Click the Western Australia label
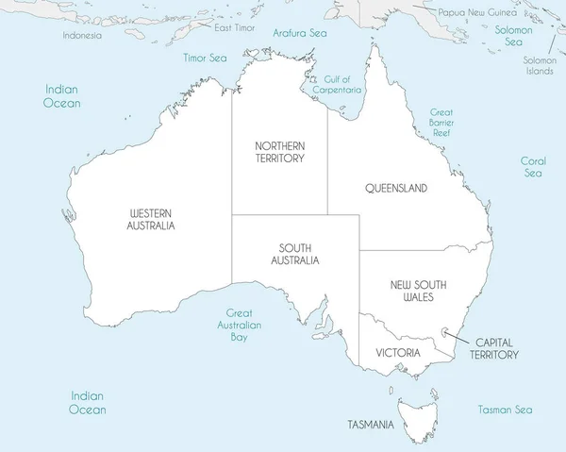(151, 220)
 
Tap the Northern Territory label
(280, 152)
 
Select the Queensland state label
(396, 188)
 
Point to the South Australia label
(295, 254)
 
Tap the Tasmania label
(370, 425)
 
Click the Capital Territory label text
(496, 348)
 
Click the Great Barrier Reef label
(441, 123)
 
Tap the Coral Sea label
(534, 167)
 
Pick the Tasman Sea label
(505, 410)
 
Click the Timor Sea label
(206, 58)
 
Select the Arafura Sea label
(299, 33)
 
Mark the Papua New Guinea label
(477, 12)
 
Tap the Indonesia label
(82, 35)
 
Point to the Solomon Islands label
(540, 65)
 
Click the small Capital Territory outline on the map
(444, 331)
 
